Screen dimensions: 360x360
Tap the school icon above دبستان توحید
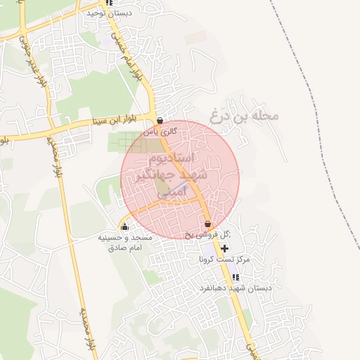click(x=108, y=3)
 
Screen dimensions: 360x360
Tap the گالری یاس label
click(x=158, y=131)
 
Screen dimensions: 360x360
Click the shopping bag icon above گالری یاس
click(x=160, y=120)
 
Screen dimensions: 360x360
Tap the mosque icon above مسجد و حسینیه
click(x=125, y=226)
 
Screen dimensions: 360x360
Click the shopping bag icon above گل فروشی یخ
click(x=207, y=225)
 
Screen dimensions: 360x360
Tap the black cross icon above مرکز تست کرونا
click(x=224, y=248)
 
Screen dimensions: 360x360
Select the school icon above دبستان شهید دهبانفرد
click(x=235, y=277)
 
